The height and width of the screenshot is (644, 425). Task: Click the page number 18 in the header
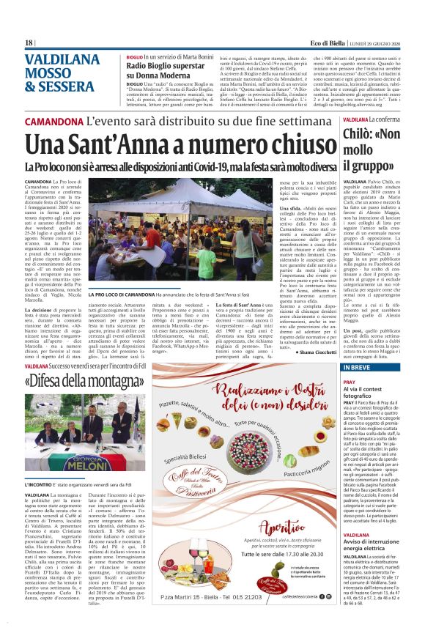coord(29,43)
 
